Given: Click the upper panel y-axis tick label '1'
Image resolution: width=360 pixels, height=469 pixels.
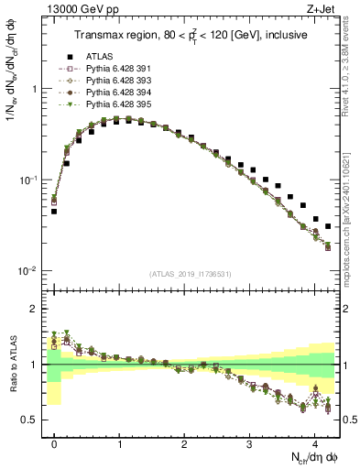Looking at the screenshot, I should point(35,90).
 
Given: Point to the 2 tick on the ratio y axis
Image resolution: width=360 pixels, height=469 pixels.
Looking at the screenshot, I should point(35,310).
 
